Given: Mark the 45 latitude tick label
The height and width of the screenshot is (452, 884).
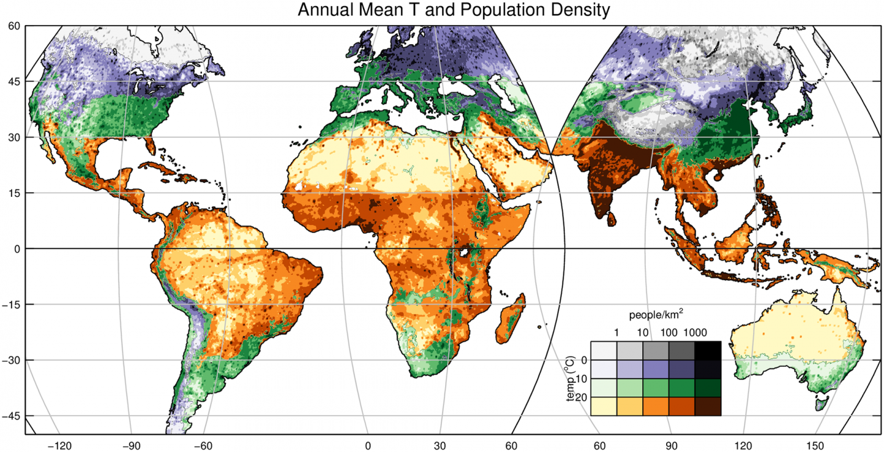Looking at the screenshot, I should point(12,82).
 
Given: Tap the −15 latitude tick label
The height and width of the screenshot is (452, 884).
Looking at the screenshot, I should point(11,305).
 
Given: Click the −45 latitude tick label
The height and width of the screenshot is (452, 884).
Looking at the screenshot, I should point(11,416).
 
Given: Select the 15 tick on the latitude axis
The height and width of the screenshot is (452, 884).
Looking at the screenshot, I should point(12,193).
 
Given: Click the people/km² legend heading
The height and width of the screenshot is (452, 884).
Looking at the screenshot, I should point(656,315).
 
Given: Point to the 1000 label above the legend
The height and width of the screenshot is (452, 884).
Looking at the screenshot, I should point(695,333).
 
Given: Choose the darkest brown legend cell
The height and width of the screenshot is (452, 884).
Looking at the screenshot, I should point(708,406).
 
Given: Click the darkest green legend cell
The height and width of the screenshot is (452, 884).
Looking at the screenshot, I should point(708,388).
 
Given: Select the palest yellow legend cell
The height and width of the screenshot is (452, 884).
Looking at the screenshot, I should point(603,406).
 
